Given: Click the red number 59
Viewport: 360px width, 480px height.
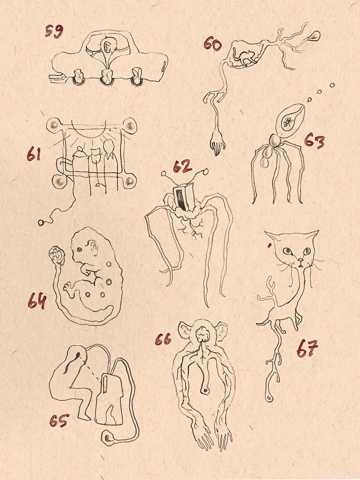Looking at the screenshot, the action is click(x=54, y=31).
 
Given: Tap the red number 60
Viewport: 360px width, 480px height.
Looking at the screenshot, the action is click(x=212, y=43).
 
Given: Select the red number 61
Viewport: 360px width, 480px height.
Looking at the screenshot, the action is click(x=33, y=153).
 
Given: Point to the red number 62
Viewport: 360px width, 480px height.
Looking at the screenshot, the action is click(x=182, y=166).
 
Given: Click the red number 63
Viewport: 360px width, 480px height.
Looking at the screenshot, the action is click(x=314, y=141).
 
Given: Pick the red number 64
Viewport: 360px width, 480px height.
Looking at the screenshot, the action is click(x=37, y=301).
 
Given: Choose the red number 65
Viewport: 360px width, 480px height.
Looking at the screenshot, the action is click(x=59, y=420).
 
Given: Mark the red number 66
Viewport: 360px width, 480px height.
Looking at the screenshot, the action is click(x=163, y=339).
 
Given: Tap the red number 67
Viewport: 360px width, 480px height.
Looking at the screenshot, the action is click(x=307, y=348).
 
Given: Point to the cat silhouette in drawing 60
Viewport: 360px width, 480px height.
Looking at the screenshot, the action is click(x=244, y=57).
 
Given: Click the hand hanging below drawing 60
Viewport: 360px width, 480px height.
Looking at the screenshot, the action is click(x=217, y=141).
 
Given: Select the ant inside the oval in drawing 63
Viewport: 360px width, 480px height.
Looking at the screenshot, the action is click(x=288, y=122).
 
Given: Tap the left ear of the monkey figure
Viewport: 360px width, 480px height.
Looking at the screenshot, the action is click(x=184, y=330).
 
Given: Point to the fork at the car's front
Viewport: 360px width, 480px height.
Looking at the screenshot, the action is click(x=57, y=78).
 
